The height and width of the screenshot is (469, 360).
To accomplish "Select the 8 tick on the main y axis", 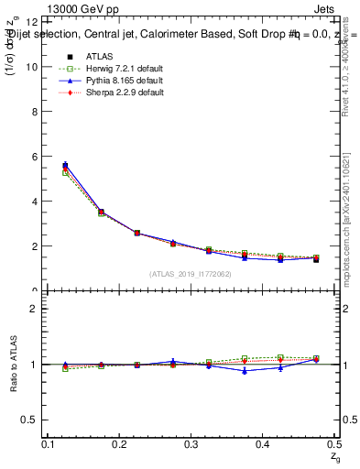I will click(x=34, y=112).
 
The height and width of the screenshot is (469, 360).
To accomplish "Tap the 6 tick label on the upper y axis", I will click(x=34, y=157).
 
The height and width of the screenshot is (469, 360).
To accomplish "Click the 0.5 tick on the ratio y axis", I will click(x=30, y=420).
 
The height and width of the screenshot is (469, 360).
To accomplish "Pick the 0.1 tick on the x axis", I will click(x=50, y=444).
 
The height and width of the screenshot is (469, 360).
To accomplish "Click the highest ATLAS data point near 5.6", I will click(x=65, y=166).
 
